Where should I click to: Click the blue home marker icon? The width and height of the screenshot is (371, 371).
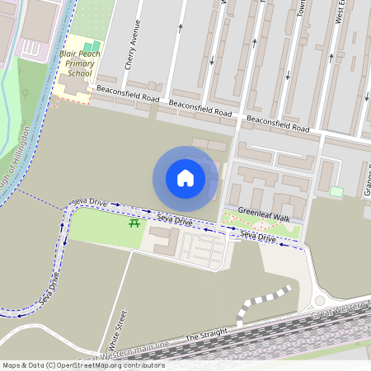click(185, 178)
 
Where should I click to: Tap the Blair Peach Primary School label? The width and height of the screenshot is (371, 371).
click(80, 61)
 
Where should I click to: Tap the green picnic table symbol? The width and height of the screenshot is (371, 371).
click(134, 222)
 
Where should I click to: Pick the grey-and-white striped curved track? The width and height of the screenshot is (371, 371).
click(260, 302)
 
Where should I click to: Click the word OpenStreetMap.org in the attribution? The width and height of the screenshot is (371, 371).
click(105, 365)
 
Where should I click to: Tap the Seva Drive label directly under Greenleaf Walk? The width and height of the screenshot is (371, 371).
click(257, 237)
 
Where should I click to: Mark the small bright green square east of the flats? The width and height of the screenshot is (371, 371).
click(336, 192)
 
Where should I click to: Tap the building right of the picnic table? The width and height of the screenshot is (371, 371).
click(162, 241)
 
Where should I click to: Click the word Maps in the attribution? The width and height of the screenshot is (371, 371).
click(12, 365)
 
